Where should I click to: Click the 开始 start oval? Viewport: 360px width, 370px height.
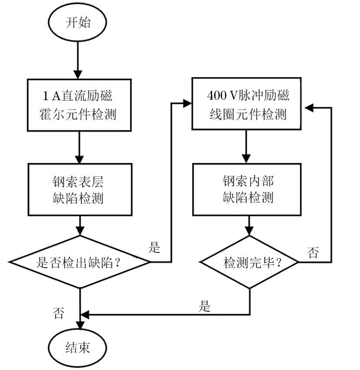[78, 23]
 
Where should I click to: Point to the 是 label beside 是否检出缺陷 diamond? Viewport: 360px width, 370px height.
[155, 249]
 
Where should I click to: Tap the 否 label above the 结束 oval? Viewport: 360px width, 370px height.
[59, 313]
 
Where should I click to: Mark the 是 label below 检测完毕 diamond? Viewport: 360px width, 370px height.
[205, 307]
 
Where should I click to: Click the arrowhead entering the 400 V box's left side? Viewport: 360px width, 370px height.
[188, 104]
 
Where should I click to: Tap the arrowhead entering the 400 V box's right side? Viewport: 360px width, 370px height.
[308, 107]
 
